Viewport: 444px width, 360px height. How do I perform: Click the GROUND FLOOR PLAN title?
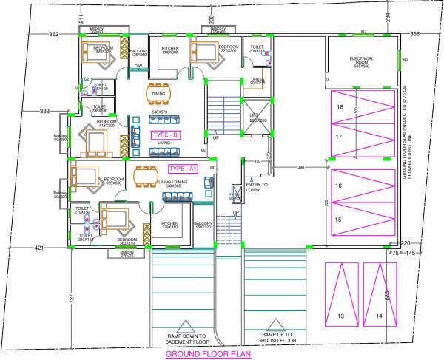[208, 354]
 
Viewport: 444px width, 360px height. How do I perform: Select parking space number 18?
[340, 108]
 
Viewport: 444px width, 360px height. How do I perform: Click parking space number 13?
[341, 316]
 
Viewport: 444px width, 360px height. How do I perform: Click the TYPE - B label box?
[166, 135]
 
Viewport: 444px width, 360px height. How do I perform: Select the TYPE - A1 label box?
[183, 169]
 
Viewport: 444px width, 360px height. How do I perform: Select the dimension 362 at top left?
[53, 34]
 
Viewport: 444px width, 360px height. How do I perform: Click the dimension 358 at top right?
[415, 34]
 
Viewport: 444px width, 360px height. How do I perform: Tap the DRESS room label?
[258, 79]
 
